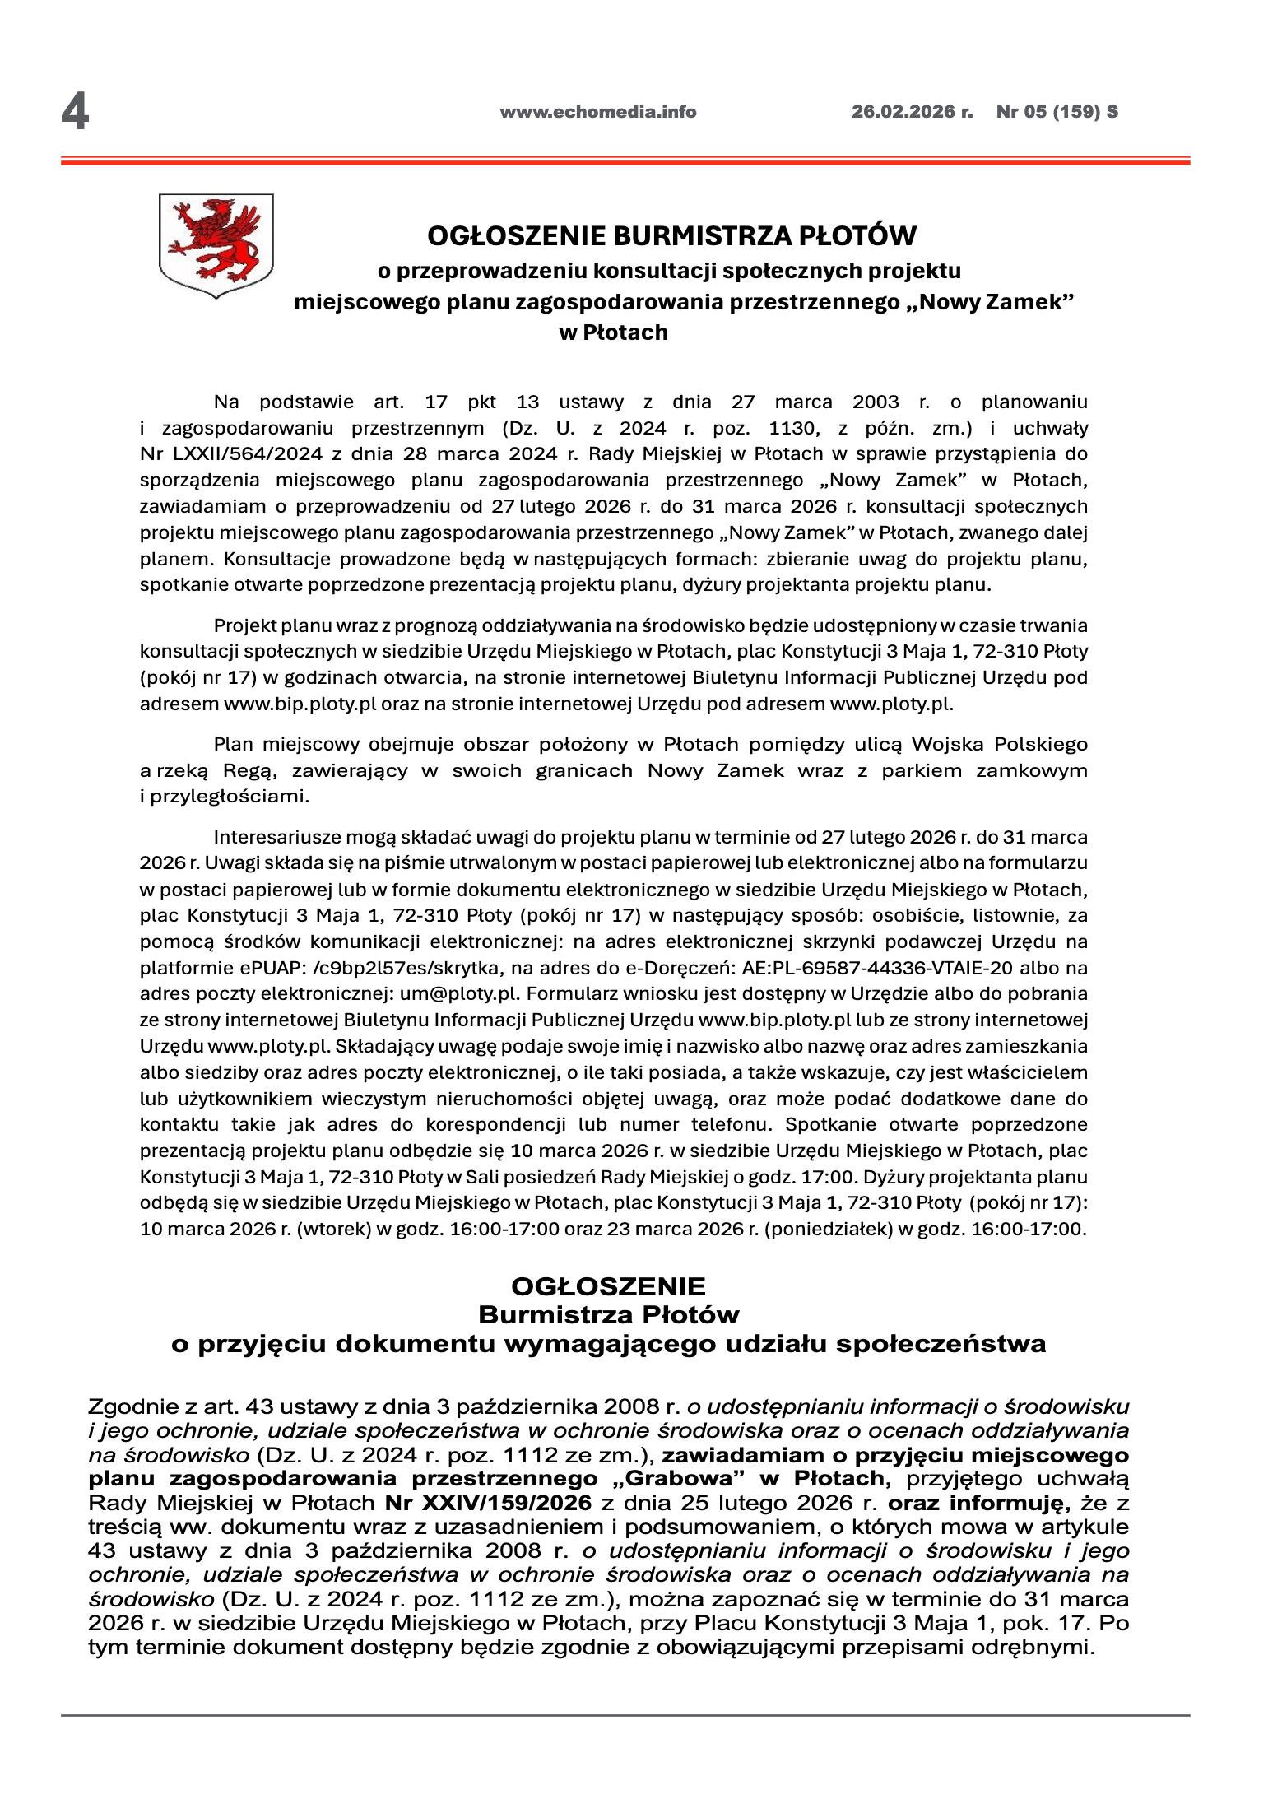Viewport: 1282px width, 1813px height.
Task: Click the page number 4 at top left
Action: click(x=75, y=112)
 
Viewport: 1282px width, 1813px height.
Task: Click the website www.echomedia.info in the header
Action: click(x=597, y=112)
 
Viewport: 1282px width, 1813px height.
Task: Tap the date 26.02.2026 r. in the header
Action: click(x=911, y=112)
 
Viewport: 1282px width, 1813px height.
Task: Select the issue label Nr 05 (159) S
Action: click(x=1057, y=112)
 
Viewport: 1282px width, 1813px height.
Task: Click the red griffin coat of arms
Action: click(x=216, y=244)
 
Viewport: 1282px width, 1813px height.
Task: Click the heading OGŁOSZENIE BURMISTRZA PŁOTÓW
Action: click(x=671, y=236)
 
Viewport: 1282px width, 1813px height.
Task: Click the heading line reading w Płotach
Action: click(x=613, y=332)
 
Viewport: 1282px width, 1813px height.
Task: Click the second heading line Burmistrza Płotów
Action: click(x=608, y=1314)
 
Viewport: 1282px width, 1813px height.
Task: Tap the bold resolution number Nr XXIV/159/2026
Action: click(x=488, y=1504)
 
